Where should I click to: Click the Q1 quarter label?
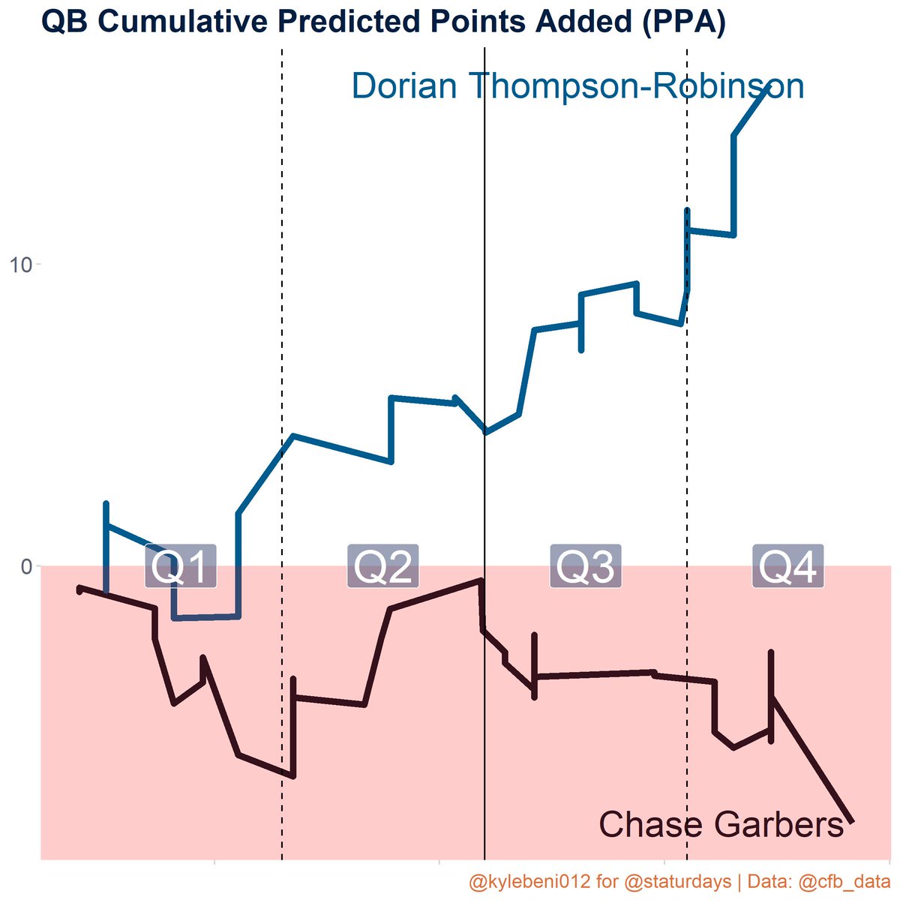pyautogui.click(x=181, y=566)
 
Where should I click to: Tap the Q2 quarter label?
pyautogui.click(x=382, y=566)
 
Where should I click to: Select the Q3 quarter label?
pyautogui.click(x=585, y=566)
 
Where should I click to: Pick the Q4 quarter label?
pyautogui.click(x=788, y=566)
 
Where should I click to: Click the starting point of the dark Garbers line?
pyautogui.click(x=79, y=589)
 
